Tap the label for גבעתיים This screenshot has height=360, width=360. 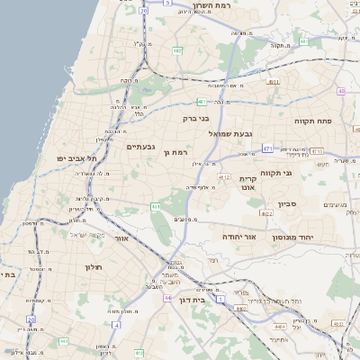point(142,147)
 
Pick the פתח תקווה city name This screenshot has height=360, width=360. point(313,120)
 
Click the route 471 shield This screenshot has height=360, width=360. point(268,147)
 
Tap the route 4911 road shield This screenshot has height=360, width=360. point(272,84)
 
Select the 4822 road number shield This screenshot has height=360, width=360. point(267,213)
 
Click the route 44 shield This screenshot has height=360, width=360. point(169,295)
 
